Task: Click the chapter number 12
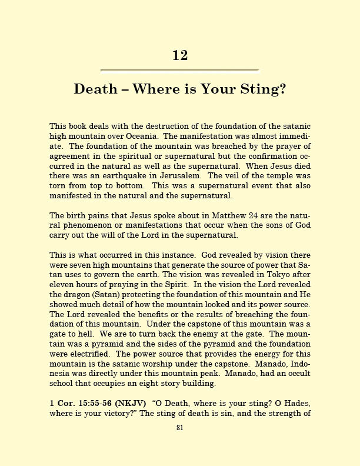pos(180,55)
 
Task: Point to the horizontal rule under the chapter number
pos(180,71)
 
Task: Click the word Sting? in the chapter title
pos(262,89)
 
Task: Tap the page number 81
pos(180,428)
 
